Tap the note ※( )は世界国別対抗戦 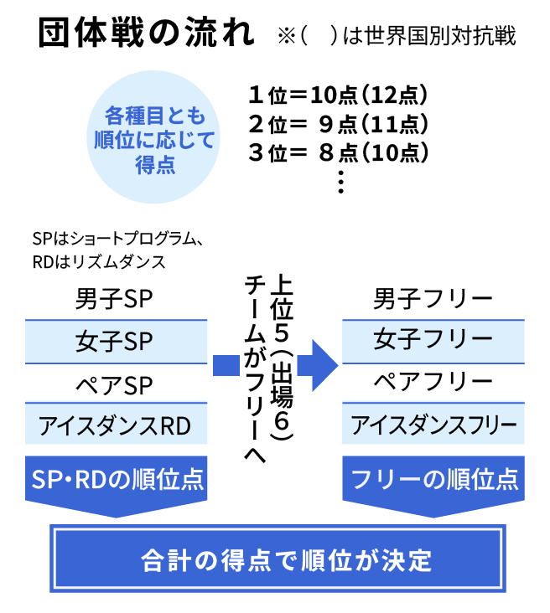tap(396, 37)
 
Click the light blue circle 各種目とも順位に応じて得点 tap(155, 138)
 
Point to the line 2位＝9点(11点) tap(339, 125)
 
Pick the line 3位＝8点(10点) tap(339, 153)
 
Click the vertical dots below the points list tap(340, 182)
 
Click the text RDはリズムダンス tap(98, 261)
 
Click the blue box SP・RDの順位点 tap(117, 479)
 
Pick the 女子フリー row tap(433, 340)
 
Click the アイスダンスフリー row tap(433, 425)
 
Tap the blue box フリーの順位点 tap(433, 479)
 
